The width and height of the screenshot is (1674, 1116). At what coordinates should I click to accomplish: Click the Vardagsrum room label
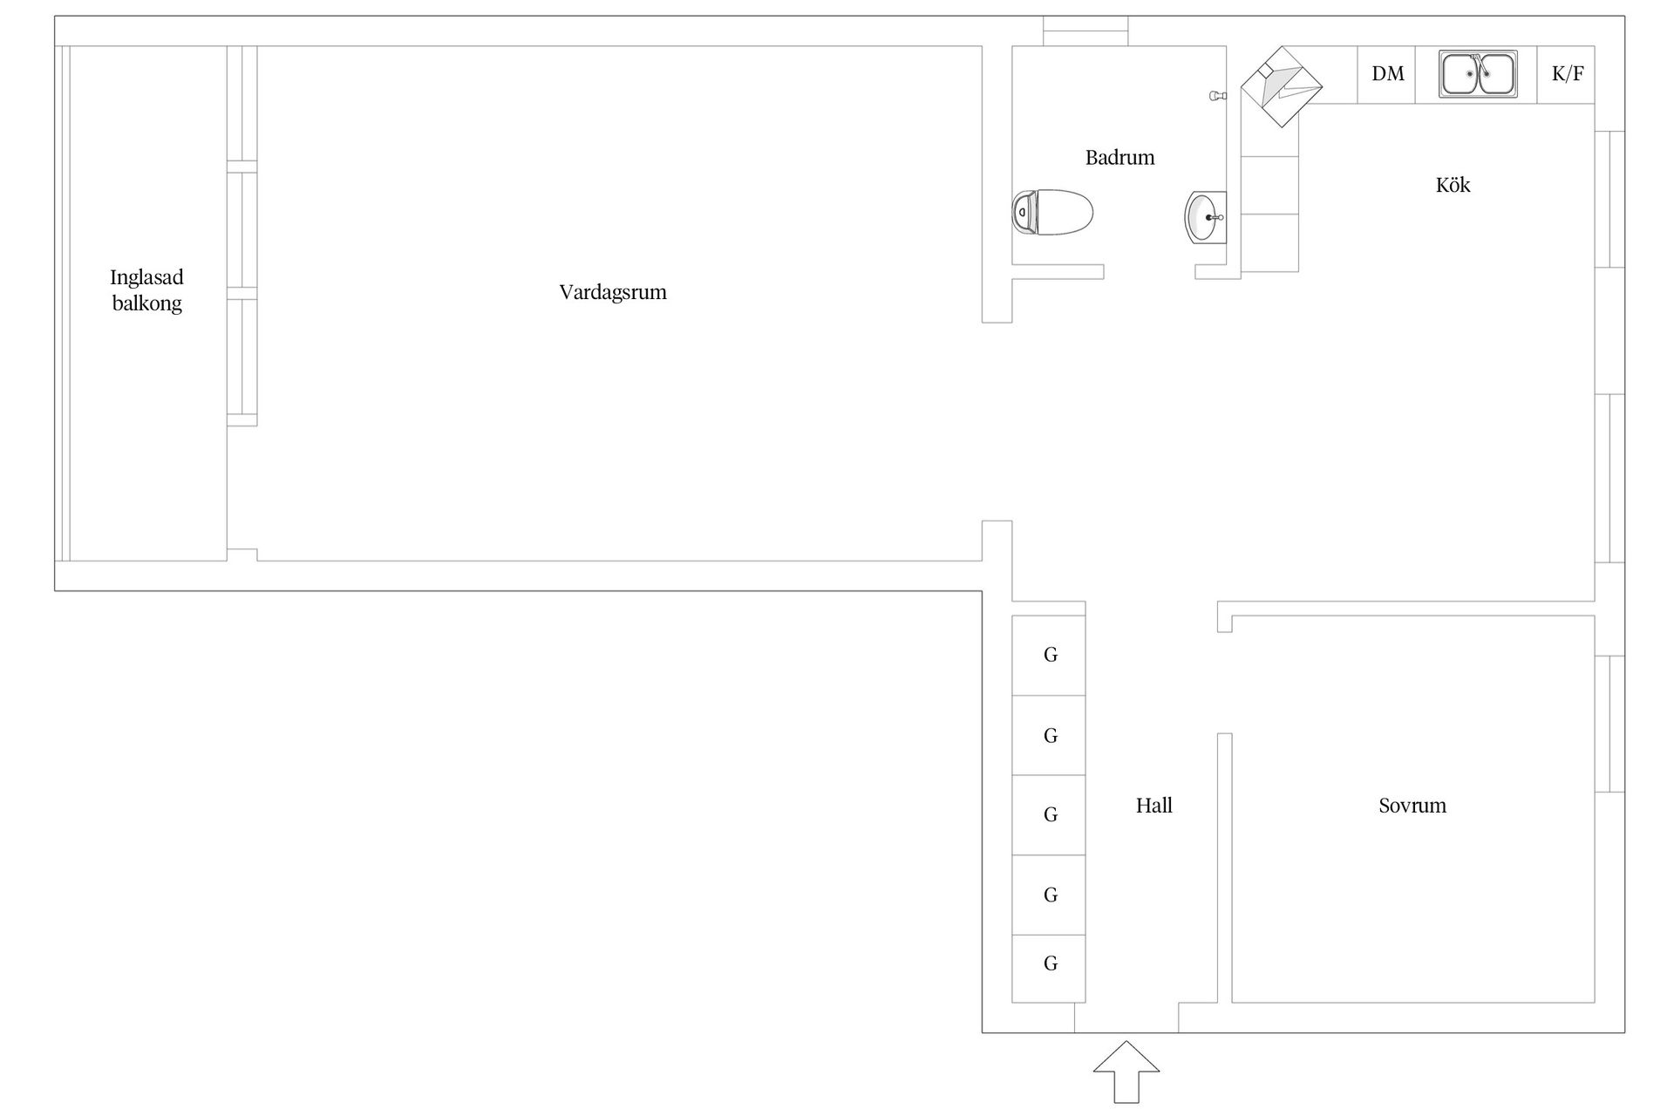tap(613, 292)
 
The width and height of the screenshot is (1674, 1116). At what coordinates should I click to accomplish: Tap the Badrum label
tap(1119, 158)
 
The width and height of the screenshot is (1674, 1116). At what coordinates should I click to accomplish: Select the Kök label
tap(1453, 184)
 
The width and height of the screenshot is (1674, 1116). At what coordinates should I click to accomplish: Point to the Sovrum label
tap(1412, 806)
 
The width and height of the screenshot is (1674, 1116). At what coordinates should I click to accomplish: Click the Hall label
tap(1153, 806)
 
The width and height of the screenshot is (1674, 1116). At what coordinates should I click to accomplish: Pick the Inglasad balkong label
tap(146, 290)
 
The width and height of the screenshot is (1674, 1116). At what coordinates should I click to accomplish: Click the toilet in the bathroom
tap(1052, 213)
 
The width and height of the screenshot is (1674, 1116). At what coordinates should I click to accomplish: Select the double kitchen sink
tap(1478, 74)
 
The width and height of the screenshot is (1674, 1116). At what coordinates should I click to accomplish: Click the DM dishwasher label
tap(1387, 74)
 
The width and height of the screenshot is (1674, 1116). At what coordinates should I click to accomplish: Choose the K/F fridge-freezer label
tap(1568, 74)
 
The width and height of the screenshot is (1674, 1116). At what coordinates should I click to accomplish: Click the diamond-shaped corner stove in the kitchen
tap(1281, 87)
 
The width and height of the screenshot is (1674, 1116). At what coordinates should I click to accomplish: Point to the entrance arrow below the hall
tap(1126, 1072)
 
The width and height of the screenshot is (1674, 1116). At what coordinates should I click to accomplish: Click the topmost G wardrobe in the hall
tap(1049, 655)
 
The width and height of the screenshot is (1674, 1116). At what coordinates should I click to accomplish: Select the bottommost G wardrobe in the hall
tap(1049, 969)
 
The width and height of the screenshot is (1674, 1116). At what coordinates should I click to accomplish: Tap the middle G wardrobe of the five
tap(1049, 815)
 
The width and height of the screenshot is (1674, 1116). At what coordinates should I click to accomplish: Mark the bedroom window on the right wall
tap(1609, 724)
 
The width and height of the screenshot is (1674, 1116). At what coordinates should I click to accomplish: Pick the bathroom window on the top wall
tap(1085, 31)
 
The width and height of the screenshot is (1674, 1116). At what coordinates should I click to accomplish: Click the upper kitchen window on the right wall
tap(1609, 199)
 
